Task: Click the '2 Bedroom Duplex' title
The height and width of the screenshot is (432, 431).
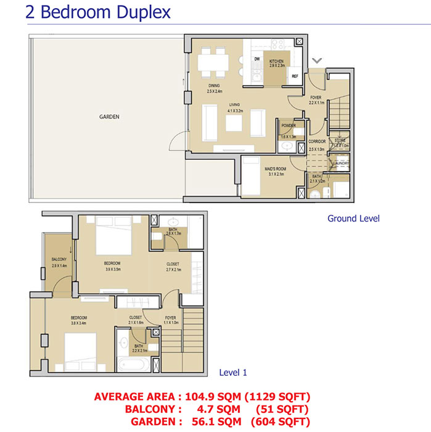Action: click(x=98, y=12)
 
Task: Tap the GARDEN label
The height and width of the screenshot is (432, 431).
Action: click(x=109, y=116)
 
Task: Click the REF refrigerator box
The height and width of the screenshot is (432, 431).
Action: click(x=295, y=76)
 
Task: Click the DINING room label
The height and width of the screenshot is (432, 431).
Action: click(x=215, y=86)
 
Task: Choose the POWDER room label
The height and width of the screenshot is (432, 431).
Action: click(x=288, y=126)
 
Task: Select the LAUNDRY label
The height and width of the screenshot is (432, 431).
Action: click(x=342, y=164)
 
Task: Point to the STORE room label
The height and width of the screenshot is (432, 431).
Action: click(x=341, y=141)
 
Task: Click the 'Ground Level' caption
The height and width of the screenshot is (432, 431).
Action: click(x=353, y=218)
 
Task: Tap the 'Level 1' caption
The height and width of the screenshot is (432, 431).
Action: click(x=233, y=373)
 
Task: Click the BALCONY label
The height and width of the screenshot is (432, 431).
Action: click(x=59, y=259)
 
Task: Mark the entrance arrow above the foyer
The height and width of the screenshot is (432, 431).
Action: click(x=317, y=60)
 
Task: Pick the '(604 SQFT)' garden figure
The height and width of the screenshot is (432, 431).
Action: click(x=280, y=421)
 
